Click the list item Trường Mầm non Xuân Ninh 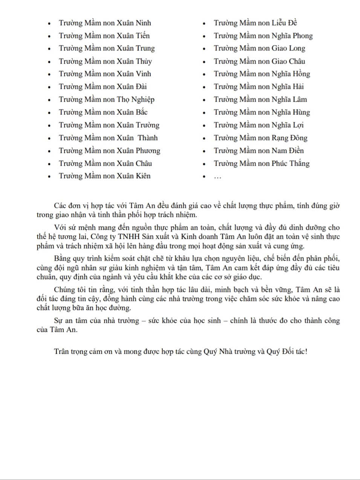(x=105, y=23)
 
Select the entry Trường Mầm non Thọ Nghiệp (x=107, y=99)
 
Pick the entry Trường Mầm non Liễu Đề (x=255, y=23)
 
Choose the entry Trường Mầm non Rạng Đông (x=260, y=138)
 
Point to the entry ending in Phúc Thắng (x=262, y=164)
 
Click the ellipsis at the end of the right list (x=218, y=176)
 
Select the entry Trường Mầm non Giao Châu (x=259, y=61)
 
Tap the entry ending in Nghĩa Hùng (x=262, y=112)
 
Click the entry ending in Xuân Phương (x=109, y=151)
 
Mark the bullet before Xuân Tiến (x=49, y=37)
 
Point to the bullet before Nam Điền (x=204, y=151)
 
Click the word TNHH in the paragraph (x=129, y=237)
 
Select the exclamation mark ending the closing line (x=306, y=352)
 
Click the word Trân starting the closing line (x=61, y=352)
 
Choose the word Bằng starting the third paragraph (x=62, y=259)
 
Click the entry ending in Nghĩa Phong (x=263, y=36)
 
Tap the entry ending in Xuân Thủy (x=105, y=61)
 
